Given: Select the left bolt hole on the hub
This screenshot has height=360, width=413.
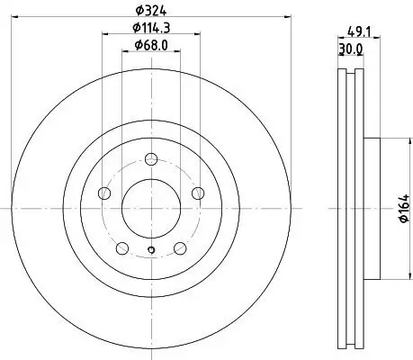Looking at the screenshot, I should (104, 193).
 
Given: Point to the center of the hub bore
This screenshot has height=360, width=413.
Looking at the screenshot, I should (151, 208).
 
